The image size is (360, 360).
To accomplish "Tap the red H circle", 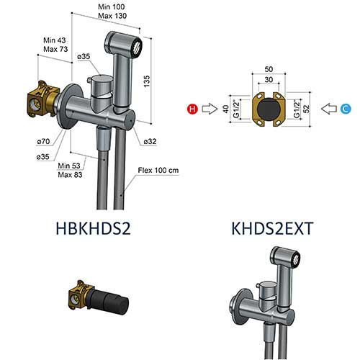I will click(x=192, y=109).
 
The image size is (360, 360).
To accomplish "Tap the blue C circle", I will click(x=346, y=109).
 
